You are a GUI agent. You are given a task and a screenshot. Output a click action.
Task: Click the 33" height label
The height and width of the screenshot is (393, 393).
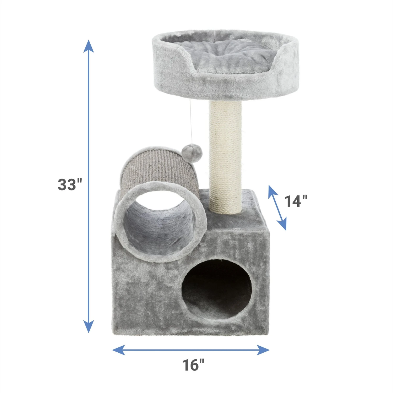pyautogui.click(x=70, y=184)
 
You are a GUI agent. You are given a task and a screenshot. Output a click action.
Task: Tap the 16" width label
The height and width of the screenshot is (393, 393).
pyautogui.click(x=193, y=365)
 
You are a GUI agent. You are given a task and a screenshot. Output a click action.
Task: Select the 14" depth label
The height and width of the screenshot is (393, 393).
pyautogui.click(x=296, y=201)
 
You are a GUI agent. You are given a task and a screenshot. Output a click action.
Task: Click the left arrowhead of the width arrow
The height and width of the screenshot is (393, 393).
pyautogui.click(x=118, y=350)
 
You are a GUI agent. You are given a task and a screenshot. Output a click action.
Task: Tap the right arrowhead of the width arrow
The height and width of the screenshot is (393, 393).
pyautogui.click(x=263, y=350)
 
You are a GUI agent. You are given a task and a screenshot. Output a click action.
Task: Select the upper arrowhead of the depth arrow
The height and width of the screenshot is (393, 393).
pyautogui.click(x=272, y=191)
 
